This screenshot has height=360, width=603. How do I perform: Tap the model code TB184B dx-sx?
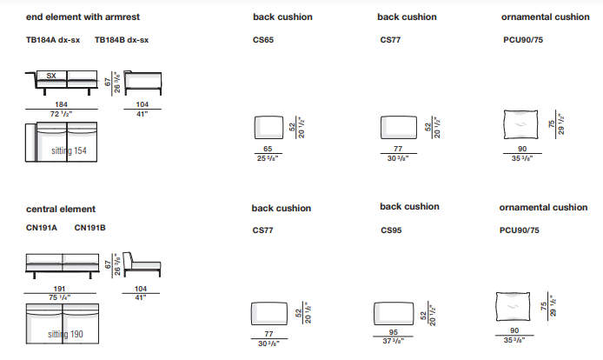click(x=122, y=39)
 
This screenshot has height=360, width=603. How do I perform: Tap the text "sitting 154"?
click(x=67, y=152)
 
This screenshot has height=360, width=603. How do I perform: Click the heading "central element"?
click(x=61, y=209)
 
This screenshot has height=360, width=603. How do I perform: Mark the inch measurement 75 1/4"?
click(x=61, y=297)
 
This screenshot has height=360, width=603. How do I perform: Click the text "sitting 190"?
click(x=67, y=334)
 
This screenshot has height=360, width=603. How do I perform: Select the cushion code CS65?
click(x=263, y=39)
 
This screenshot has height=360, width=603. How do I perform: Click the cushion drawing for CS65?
click(x=267, y=127)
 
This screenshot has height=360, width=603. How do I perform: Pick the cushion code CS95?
click(x=391, y=231)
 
